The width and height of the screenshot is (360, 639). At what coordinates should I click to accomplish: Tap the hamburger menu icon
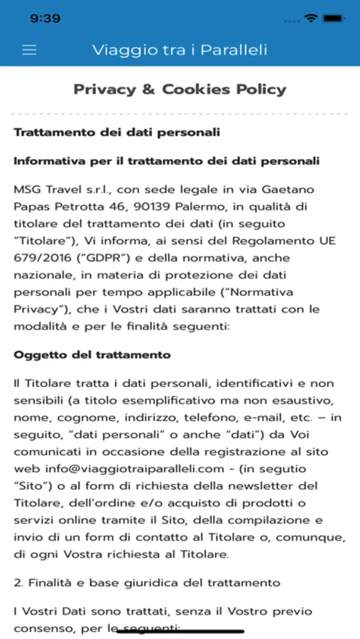pos(29,50)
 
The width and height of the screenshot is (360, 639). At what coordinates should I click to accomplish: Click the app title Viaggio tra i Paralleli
pos(180,50)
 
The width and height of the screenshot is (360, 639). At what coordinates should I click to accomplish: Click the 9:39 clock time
pos(45,18)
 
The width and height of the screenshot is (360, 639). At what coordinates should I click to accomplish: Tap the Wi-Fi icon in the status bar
pos(310,18)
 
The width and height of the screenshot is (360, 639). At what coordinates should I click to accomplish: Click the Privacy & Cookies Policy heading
pos(180,89)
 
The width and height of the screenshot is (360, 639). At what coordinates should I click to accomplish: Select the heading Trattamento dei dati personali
pos(117,132)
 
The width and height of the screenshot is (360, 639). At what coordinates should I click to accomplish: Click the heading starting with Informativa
pos(166,161)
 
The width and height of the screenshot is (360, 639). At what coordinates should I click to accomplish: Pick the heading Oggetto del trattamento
pos(92,354)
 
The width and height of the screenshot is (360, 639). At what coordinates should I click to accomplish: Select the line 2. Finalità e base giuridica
pos(147,583)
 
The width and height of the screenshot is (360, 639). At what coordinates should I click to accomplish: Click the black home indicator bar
pos(180,630)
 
